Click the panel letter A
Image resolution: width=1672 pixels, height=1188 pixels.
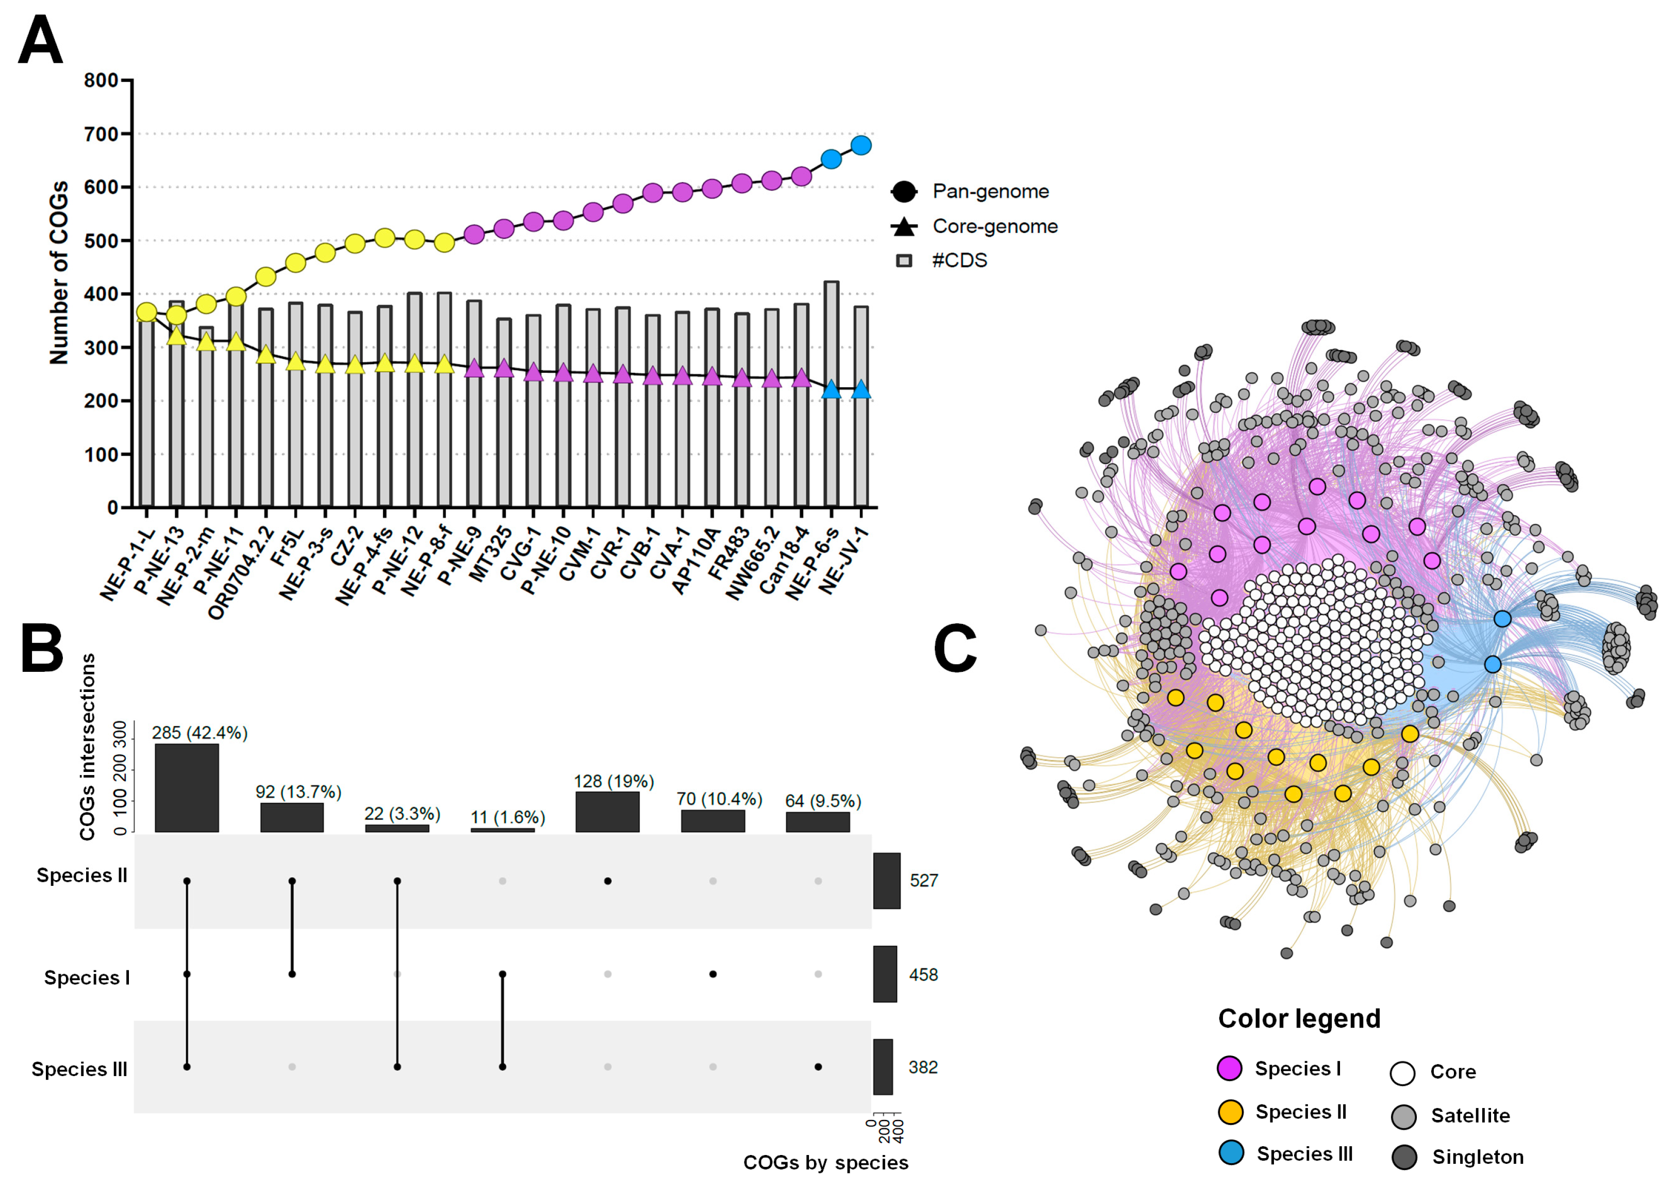point(40,40)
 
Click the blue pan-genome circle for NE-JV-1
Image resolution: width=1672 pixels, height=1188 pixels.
point(861,145)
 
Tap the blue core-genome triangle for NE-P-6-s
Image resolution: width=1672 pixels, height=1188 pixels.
point(831,389)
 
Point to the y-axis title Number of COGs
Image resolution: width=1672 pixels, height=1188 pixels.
point(58,272)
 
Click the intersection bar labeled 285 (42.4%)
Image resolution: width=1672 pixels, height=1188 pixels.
point(187,788)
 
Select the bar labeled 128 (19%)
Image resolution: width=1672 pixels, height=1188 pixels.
point(607,812)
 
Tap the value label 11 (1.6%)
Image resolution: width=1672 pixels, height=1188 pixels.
point(508,817)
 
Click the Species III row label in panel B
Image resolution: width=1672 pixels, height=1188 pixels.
point(79,1069)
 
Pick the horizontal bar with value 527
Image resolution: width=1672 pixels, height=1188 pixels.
point(886,881)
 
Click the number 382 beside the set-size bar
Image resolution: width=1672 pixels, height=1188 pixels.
point(923,1067)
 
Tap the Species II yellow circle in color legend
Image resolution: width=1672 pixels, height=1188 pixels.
point(1231,1112)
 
